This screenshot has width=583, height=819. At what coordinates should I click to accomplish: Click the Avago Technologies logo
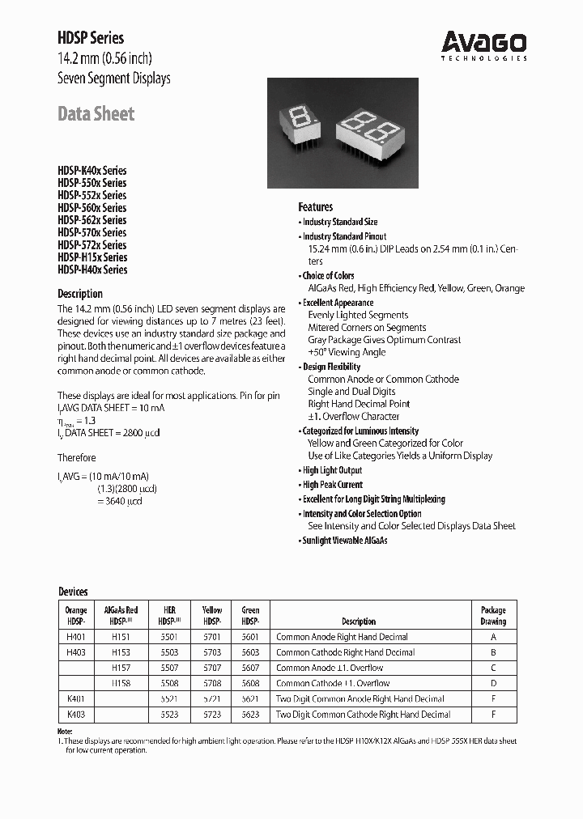point(483,45)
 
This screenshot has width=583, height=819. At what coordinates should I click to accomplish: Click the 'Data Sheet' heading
point(96,114)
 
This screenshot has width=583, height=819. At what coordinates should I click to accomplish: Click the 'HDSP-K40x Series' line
point(91,171)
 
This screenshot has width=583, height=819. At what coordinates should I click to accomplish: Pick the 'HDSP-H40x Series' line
point(91,269)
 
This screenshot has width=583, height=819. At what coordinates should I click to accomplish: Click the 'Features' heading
point(315,207)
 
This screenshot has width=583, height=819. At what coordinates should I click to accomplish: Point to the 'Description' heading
point(79,294)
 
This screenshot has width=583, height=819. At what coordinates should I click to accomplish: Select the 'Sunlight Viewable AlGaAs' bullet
point(344,541)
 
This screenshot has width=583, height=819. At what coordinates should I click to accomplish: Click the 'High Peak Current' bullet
point(332,485)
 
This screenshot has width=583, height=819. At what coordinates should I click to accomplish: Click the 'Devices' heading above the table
point(72,592)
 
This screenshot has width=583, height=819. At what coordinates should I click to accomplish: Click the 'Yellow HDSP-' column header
point(211,616)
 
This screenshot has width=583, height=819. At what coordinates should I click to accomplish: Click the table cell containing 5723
point(211,715)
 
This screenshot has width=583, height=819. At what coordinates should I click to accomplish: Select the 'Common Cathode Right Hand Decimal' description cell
point(345,652)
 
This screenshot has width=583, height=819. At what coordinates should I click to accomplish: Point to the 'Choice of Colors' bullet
point(328,276)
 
